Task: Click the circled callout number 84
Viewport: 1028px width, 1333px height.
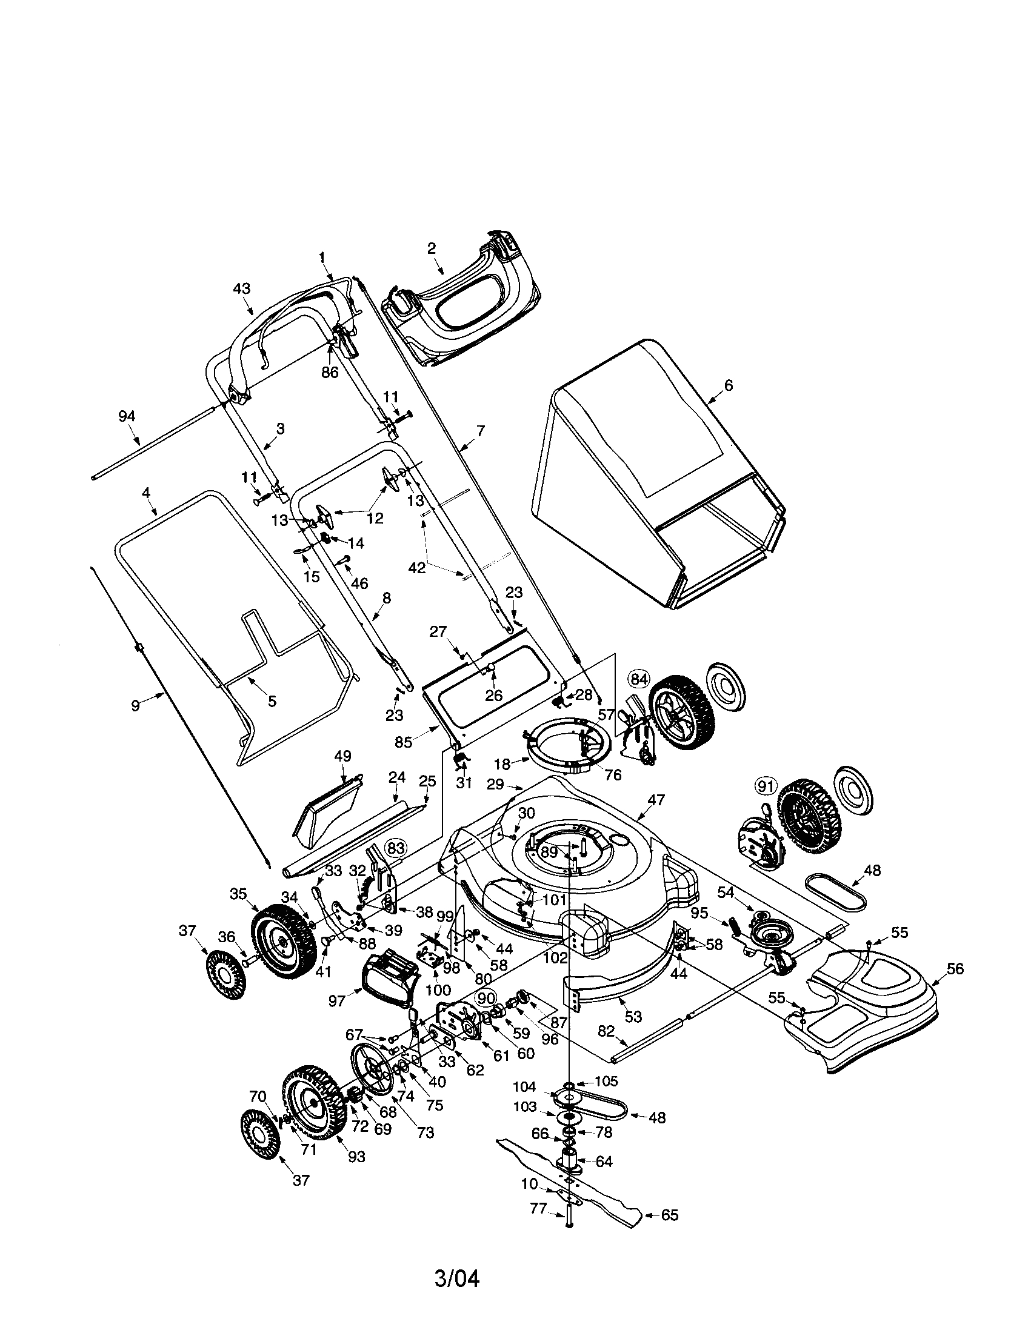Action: coord(639,678)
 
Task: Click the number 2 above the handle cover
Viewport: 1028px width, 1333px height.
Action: coord(432,248)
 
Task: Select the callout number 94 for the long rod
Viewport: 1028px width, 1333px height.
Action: coord(126,416)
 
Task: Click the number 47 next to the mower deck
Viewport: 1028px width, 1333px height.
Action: coord(657,799)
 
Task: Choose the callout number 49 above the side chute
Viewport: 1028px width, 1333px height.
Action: coord(342,756)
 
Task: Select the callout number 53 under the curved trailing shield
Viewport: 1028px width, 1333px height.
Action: coord(633,1016)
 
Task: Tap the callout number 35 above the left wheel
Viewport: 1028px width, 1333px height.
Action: coord(238,894)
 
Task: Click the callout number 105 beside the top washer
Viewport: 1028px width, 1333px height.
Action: coord(606,1081)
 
